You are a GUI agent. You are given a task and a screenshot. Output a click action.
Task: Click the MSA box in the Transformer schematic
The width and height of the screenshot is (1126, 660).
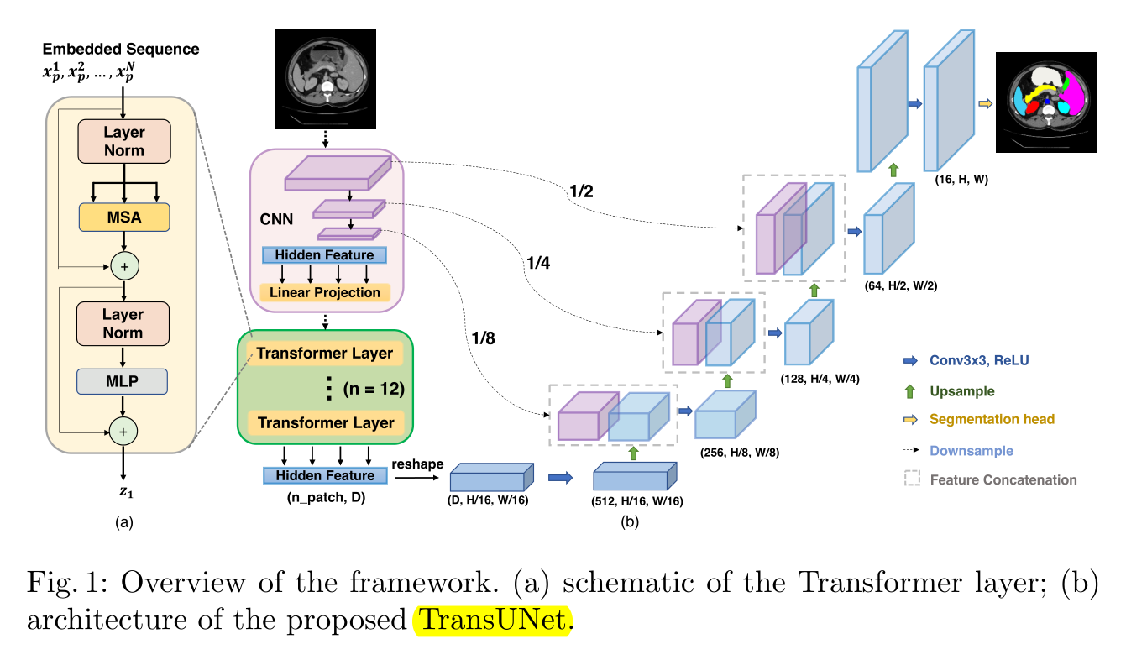(x=124, y=217)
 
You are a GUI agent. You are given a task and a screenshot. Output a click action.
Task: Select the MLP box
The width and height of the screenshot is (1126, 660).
(x=123, y=380)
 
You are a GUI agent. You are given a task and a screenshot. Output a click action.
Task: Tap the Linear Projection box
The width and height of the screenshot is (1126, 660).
(x=326, y=292)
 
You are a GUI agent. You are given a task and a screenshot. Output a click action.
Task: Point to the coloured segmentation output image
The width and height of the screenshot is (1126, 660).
(x=1046, y=102)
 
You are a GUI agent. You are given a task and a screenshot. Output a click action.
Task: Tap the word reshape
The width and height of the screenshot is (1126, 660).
(x=414, y=464)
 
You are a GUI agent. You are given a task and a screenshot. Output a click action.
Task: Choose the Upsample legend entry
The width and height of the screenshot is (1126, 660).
(x=961, y=390)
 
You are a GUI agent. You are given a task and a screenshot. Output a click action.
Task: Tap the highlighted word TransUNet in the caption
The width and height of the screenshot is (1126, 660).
(x=493, y=621)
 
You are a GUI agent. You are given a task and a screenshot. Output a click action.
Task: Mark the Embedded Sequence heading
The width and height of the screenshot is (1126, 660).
(x=121, y=50)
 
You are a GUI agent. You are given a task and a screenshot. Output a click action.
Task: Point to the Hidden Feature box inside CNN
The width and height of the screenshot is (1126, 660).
(x=325, y=254)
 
